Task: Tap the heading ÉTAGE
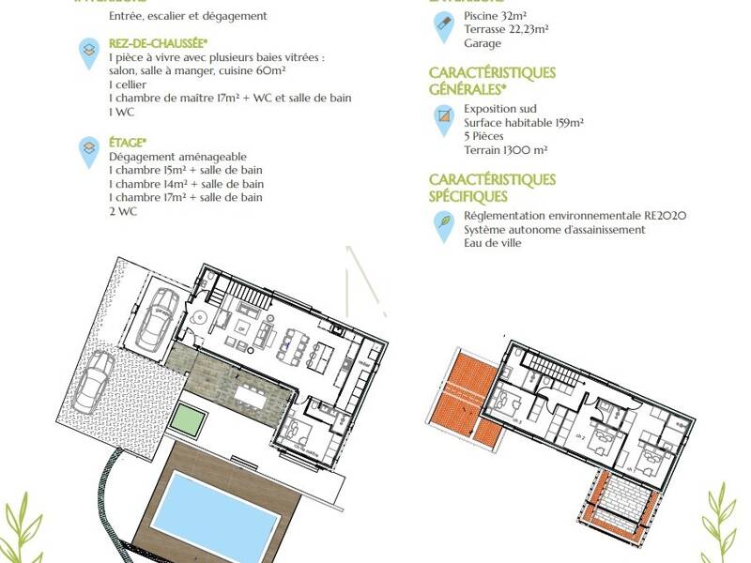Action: [x=128, y=142]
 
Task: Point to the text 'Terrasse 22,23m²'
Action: [x=506, y=29]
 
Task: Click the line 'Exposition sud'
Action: [x=500, y=109]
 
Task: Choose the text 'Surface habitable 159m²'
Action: [x=524, y=122]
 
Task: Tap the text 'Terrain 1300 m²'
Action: [x=506, y=149]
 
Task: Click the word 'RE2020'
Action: [x=666, y=216]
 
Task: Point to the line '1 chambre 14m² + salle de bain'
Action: [x=186, y=184]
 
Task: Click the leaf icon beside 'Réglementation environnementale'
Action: [x=443, y=224]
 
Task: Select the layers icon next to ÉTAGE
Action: [x=88, y=148]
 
